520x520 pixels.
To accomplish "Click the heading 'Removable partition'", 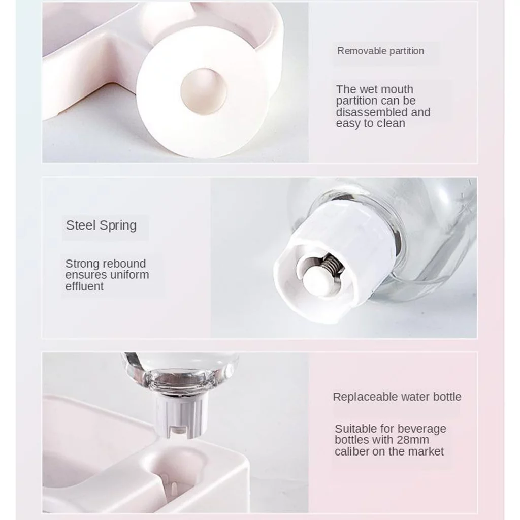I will coord(380,51).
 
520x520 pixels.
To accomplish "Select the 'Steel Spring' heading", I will coord(101,225).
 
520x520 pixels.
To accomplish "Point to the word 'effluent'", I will coord(84,286).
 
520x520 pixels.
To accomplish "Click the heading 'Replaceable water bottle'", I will coord(397,397).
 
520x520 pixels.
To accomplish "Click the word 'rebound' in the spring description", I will coord(126,264).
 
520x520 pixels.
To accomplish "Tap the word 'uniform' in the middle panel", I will coord(129,275).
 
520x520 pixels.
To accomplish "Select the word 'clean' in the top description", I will coord(390,123).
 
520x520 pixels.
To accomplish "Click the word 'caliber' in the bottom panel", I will coord(352,451).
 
